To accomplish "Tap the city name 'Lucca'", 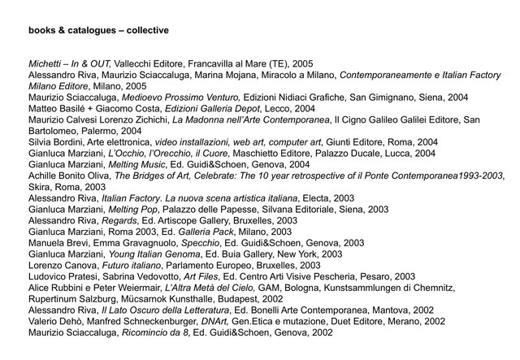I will pos(373,152).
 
